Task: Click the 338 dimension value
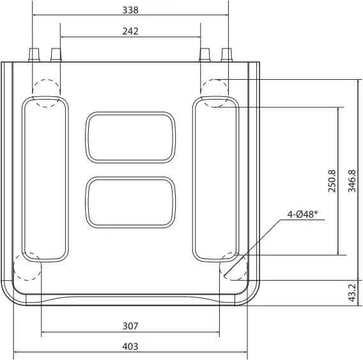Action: click(x=130, y=10)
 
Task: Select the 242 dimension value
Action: click(x=130, y=31)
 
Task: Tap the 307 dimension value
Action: click(x=130, y=326)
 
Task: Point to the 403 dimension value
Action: click(x=130, y=346)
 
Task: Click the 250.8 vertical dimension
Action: click(x=332, y=181)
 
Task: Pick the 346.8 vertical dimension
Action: click(x=352, y=181)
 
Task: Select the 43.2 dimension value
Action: click(x=352, y=292)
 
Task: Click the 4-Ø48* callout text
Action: click(x=303, y=215)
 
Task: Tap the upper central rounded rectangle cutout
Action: click(x=130, y=137)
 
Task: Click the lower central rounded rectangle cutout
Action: click(x=130, y=202)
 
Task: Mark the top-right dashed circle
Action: click(x=215, y=93)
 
